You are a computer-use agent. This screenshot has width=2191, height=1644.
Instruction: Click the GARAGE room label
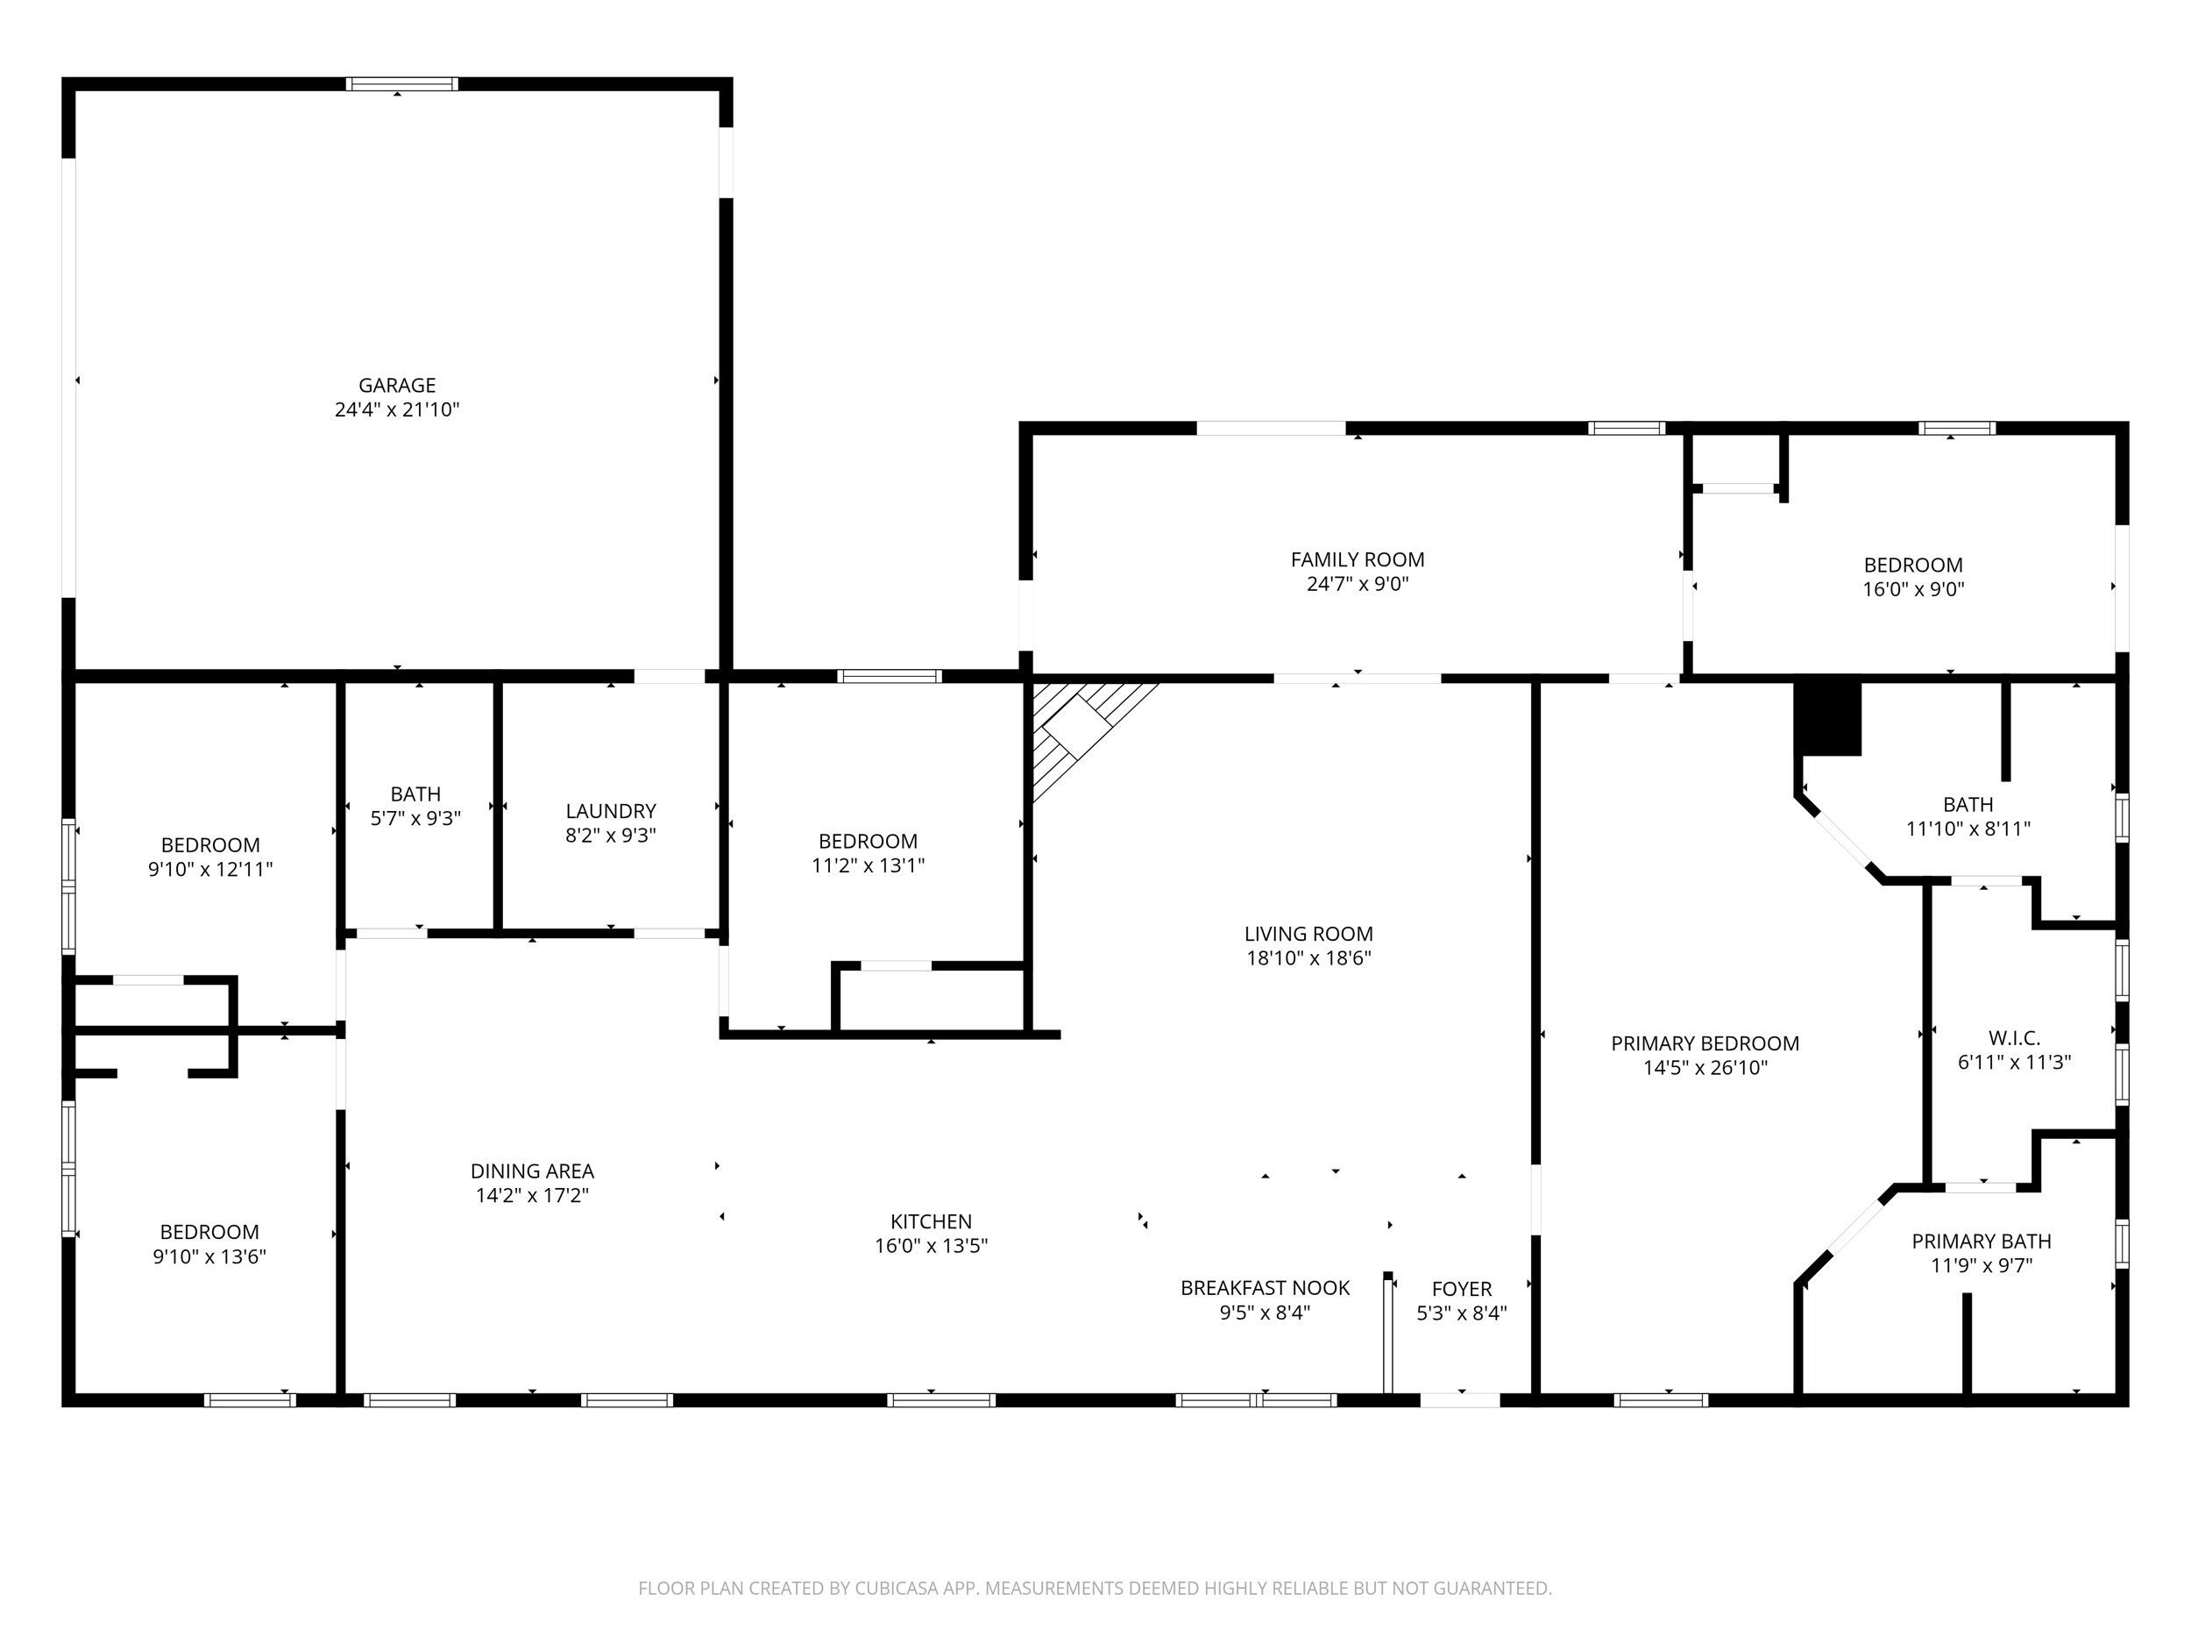coord(396,386)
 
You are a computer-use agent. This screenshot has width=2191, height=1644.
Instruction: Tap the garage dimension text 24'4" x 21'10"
coord(396,410)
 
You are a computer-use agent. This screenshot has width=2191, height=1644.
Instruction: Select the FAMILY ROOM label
coord(1357,560)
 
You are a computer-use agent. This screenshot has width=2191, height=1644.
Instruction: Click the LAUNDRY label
coord(610,812)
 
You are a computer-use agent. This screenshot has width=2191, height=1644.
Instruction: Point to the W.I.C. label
coord(2014,1038)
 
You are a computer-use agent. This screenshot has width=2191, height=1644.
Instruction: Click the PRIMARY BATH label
coord(1981,1242)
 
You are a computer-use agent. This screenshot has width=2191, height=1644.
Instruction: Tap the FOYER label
coord(1461,1289)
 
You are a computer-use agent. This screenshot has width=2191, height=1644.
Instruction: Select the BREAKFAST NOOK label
coord(1265,1288)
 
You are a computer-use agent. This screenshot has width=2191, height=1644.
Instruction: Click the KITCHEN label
coord(931,1222)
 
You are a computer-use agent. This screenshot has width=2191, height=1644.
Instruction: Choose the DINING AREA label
coord(532,1171)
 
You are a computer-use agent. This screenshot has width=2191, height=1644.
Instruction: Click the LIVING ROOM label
coord(1308,934)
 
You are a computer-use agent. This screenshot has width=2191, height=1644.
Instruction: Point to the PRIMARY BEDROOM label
coord(1705,1043)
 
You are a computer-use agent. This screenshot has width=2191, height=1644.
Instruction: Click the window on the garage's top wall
coord(402,84)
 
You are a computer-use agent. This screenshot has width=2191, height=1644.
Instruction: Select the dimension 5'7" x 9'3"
coord(415,820)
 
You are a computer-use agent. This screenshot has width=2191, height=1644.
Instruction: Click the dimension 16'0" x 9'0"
coord(1912,589)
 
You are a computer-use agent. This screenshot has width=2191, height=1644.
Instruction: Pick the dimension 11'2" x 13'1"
coord(868,866)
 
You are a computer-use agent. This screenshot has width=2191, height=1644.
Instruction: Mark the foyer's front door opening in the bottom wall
coord(1460,1400)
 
